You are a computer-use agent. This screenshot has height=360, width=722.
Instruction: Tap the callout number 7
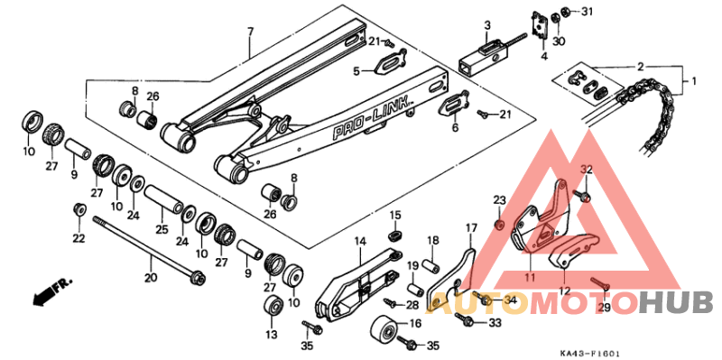click(x=252, y=32)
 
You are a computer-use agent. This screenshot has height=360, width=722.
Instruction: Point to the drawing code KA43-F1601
click(x=591, y=354)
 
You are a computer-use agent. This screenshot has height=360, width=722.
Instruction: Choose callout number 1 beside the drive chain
click(x=694, y=81)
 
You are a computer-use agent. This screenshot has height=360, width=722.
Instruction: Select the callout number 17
click(x=470, y=227)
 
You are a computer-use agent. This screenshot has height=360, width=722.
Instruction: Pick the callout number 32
click(x=586, y=170)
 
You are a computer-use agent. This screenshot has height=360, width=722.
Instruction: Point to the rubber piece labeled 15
click(x=394, y=235)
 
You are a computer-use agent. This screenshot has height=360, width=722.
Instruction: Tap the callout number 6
click(x=454, y=128)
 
